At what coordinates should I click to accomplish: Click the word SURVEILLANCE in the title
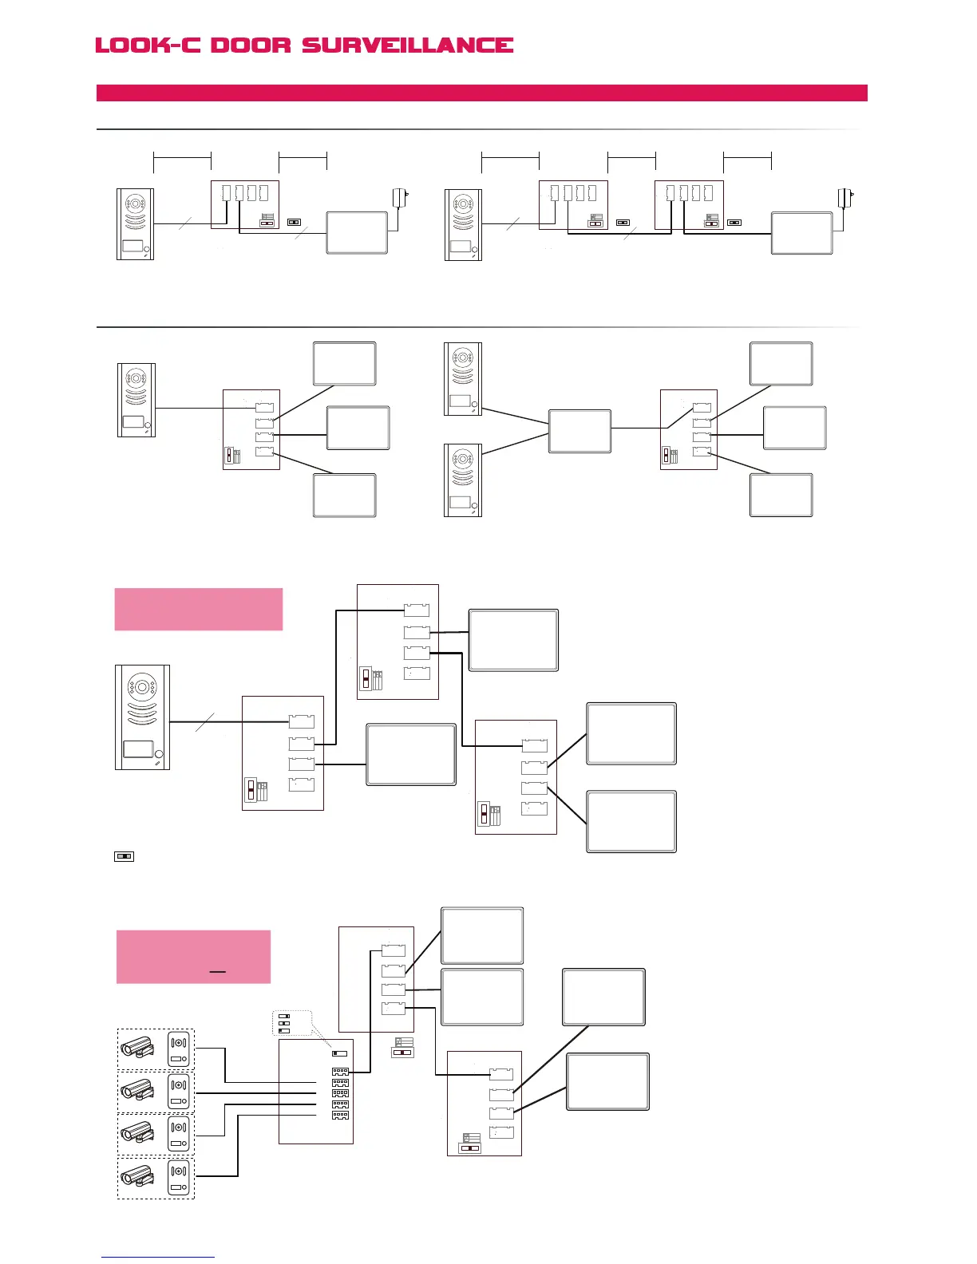point(407,45)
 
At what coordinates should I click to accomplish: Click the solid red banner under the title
point(481,93)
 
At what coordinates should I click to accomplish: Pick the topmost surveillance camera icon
point(137,1048)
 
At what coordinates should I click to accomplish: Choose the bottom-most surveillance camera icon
point(137,1176)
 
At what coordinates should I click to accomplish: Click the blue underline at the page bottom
point(158,1257)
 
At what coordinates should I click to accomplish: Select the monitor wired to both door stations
point(579,431)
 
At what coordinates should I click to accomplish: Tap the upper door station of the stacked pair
point(463,379)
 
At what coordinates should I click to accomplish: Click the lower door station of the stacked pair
point(463,480)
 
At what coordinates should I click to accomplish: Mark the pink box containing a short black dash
point(193,956)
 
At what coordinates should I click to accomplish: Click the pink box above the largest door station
point(199,609)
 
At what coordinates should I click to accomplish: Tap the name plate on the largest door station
point(138,749)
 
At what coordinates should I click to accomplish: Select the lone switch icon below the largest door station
point(124,856)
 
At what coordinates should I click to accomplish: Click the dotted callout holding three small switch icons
point(291,1023)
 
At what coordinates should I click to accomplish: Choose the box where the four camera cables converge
point(315,1091)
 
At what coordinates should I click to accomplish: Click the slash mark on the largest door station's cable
point(204,721)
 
